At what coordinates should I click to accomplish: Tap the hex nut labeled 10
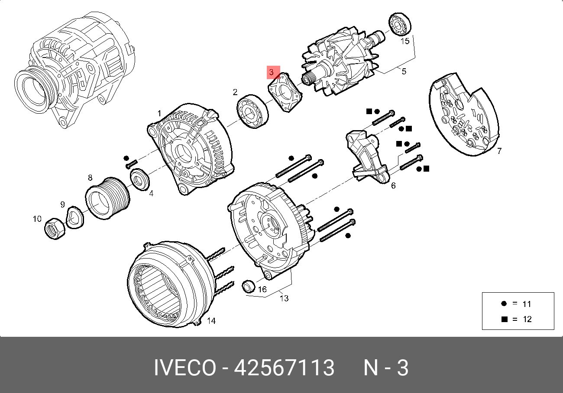(55, 227)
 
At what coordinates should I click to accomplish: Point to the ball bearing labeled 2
(253, 111)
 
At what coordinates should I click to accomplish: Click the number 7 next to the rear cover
(499, 151)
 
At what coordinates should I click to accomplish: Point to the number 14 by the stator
(211, 321)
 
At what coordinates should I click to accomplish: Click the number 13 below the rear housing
(284, 298)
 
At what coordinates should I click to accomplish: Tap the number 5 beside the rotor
(404, 71)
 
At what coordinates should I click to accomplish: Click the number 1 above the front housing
(159, 113)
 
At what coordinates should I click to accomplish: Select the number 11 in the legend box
(527, 304)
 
